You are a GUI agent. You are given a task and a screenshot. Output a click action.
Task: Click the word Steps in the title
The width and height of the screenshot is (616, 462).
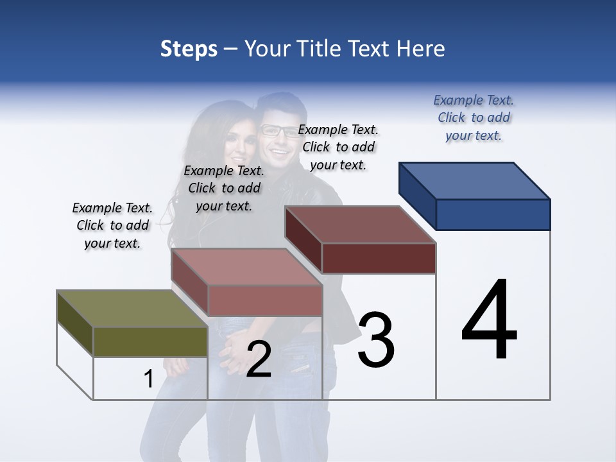(189, 49)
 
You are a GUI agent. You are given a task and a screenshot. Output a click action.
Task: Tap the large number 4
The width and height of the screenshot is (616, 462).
(489, 320)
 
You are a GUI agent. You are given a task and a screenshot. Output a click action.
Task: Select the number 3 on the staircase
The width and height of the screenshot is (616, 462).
(376, 339)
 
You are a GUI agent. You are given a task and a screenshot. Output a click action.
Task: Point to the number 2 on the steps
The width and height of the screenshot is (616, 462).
(259, 360)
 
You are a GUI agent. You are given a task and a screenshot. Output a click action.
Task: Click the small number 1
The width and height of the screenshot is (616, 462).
(149, 379)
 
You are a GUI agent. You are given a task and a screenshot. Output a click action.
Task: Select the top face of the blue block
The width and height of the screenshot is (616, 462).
(475, 181)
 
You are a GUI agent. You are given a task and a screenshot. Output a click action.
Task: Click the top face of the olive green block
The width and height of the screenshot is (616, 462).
(132, 309)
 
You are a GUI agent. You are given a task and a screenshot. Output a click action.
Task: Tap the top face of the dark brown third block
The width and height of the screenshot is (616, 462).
(360, 225)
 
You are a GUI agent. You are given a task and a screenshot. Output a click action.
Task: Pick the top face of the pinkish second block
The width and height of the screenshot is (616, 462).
(246, 267)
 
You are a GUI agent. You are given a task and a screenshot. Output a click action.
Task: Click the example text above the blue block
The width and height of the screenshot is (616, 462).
(474, 117)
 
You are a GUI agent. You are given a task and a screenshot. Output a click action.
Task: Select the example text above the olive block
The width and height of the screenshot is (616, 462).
(112, 225)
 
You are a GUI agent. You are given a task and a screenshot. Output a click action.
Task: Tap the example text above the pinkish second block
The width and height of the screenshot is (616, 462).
(224, 188)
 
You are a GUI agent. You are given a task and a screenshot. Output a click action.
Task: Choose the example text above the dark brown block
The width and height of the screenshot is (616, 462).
(338, 147)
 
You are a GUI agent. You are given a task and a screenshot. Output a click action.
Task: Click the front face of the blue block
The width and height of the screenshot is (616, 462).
(493, 214)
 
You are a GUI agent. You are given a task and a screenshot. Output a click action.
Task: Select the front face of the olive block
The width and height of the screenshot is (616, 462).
(150, 341)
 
